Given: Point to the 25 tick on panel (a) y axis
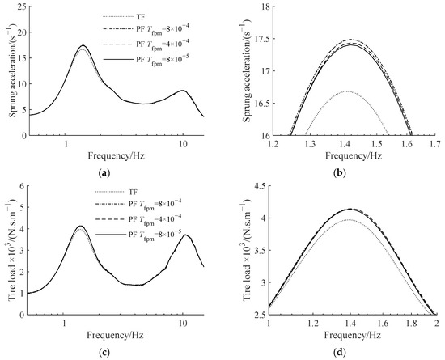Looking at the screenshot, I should point(20,9).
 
